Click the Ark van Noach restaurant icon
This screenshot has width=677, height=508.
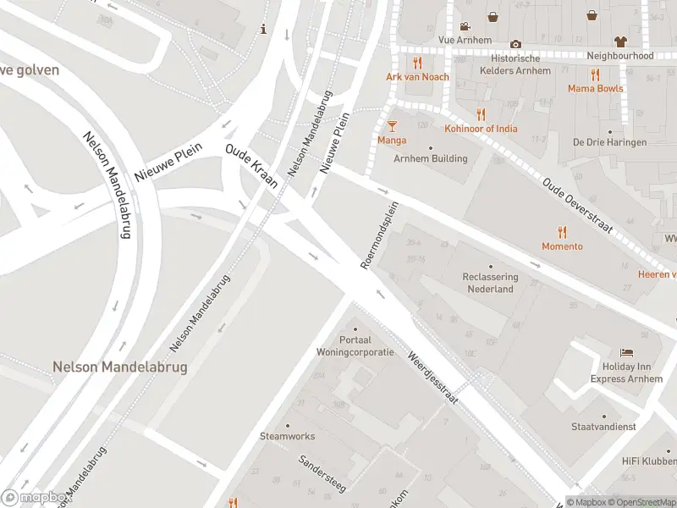(417, 63)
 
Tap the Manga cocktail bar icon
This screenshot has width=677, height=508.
(392, 126)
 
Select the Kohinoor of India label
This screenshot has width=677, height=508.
(481, 129)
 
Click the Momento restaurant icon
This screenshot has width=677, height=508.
(562, 232)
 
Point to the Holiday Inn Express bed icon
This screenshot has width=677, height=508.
(626, 352)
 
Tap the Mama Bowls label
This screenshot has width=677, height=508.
(595, 88)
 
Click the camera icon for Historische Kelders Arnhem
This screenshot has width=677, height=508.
(515, 44)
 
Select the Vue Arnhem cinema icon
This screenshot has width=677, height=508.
(465, 25)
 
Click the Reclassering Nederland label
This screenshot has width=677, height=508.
(491, 283)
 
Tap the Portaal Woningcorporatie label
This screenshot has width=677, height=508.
(355, 345)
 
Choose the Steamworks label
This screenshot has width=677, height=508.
(287, 436)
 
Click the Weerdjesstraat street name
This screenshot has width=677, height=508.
(432, 377)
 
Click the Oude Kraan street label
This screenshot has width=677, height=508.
(253, 172)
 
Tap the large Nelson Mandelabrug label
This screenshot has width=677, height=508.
(119, 367)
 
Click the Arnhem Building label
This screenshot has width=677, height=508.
(430, 158)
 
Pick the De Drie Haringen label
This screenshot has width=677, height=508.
(609, 142)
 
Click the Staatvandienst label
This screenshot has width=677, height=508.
(603, 427)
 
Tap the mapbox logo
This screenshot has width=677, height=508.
(36, 497)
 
